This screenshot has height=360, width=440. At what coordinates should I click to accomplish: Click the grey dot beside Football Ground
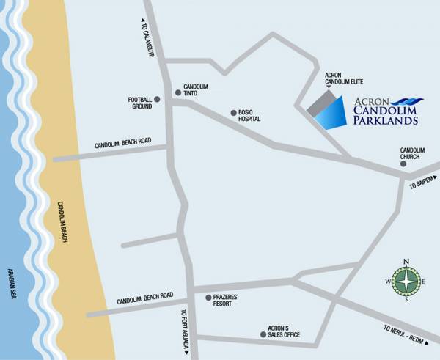pyautogui.click(x=157, y=99)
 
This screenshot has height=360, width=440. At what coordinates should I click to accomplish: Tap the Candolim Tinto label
pyautogui.click(x=195, y=89)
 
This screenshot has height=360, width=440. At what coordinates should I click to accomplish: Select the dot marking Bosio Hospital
pyautogui.click(x=233, y=113)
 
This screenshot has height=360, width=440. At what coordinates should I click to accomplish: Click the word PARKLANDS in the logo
pyautogui.click(x=385, y=120)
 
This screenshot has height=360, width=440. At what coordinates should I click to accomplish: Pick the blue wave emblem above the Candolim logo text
pyautogui.click(x=407, y=100)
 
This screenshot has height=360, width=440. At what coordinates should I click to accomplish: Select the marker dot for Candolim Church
pyautogui.click(x=403, y=164)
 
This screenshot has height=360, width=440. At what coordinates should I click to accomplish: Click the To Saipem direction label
pyautogui.click(x=424, y=183)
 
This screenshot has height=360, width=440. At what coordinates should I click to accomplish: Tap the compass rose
pyautogui.click(x=407, y=280)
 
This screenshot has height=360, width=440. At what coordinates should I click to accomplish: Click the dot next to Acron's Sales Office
pyautogui.click(x=263, y=334)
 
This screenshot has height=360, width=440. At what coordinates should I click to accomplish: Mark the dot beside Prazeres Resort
pyautogui.click(x=208, y=298)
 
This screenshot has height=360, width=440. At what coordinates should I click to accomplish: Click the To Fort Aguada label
pyautogui.click(x=183, y=331)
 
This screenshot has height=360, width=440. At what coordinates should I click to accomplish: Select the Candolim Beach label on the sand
pyautogui.click(x=62, y=223)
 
